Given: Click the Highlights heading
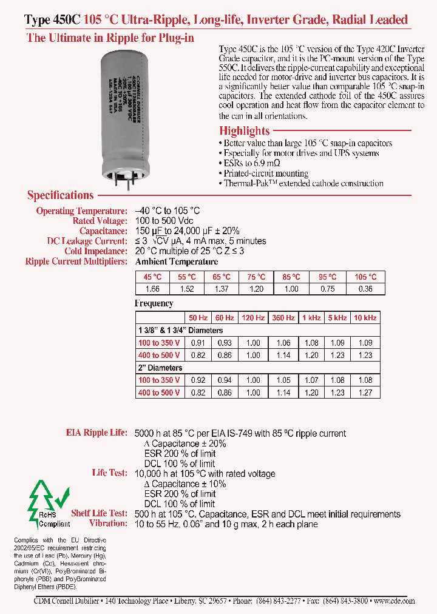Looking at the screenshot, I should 245,130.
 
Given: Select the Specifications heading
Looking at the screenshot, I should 61,195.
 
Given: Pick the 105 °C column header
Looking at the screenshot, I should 365,277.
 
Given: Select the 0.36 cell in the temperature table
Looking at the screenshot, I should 365,289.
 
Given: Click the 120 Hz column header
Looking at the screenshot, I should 253,318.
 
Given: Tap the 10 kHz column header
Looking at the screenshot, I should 365,318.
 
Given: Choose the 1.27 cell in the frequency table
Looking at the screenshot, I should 365,393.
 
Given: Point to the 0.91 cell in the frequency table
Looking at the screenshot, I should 197,343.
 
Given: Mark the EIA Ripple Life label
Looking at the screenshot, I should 97,433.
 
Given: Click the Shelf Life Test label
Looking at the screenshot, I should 99,513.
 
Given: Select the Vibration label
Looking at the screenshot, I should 108,524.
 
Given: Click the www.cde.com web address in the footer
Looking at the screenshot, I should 395,601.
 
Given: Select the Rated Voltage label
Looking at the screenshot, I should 100,221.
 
